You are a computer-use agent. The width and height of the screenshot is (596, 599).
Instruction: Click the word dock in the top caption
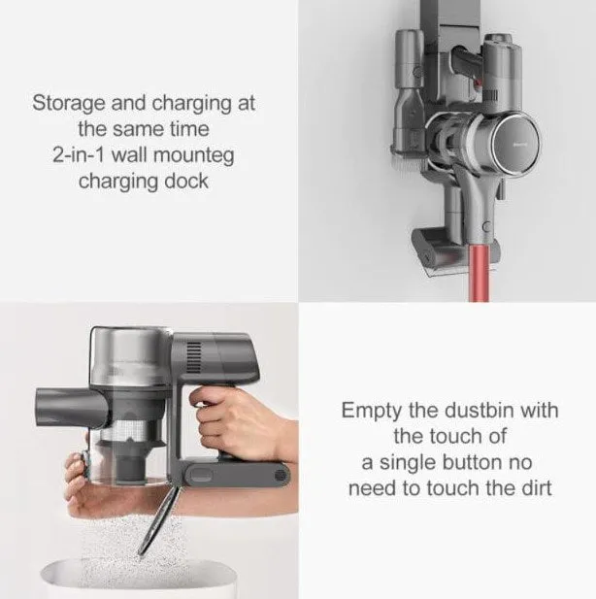186,181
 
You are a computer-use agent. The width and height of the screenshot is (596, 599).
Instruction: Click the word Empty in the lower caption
372,411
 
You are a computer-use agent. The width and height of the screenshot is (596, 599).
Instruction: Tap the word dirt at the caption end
537,488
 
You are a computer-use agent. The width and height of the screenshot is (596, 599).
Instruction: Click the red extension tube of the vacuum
480,273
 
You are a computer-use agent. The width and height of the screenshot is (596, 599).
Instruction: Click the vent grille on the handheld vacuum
193,357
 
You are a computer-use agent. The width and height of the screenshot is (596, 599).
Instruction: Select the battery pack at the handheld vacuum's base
236,474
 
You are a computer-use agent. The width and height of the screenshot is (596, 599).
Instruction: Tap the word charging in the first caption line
192,104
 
